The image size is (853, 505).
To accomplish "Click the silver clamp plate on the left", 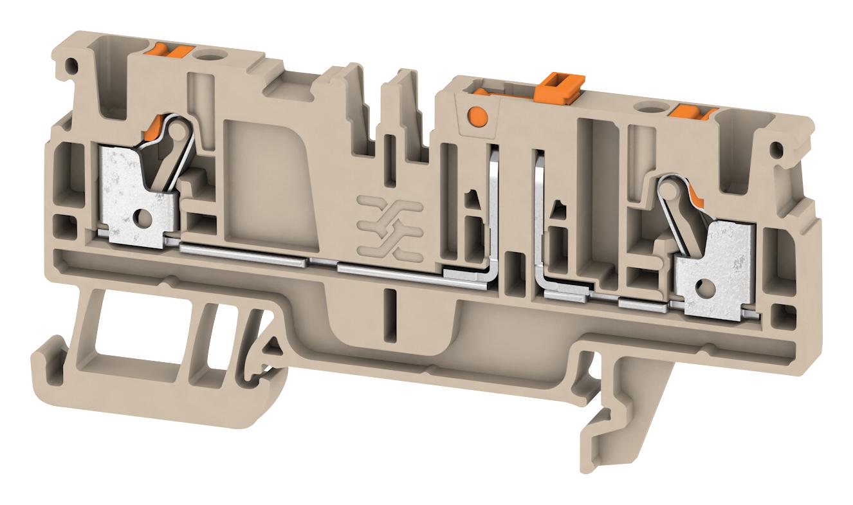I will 132,193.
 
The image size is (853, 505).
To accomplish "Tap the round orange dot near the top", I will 477,116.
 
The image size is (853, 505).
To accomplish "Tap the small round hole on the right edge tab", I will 778,151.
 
